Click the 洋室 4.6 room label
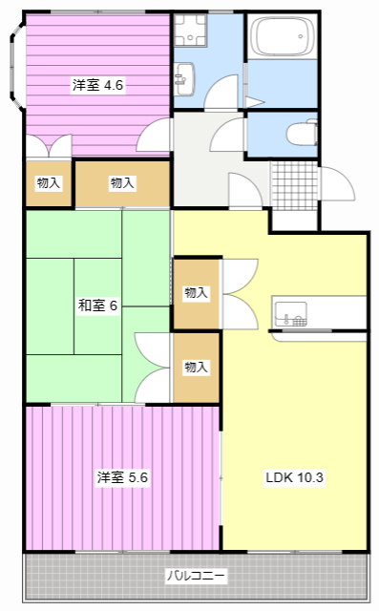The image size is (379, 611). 97,85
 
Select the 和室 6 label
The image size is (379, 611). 96,305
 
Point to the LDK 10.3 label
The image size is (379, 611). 295,477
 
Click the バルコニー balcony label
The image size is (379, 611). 196,577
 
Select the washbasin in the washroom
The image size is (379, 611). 183,75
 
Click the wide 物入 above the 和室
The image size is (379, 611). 122,182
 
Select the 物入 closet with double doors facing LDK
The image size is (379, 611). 196,293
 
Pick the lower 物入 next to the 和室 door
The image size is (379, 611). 196,367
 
